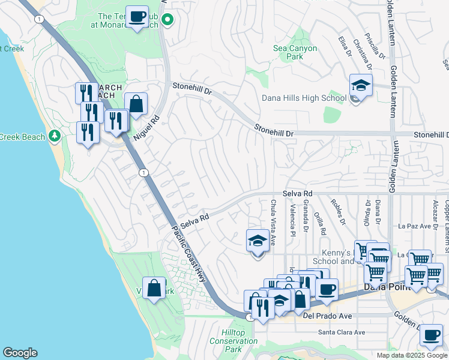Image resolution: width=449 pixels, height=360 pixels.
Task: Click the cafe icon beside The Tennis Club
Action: coord(137,16)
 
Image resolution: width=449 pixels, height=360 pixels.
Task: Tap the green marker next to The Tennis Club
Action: coord(169,20)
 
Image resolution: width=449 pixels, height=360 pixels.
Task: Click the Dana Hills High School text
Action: coord(304,98)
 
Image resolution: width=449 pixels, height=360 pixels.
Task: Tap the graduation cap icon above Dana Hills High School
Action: coord(361,85)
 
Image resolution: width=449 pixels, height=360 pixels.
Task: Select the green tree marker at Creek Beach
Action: coord(55,137)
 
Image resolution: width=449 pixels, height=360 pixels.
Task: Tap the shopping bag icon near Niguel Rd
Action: coord(136,103)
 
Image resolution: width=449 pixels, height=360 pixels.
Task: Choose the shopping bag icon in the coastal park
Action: coord(154,288)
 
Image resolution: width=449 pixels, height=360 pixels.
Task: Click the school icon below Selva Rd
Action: coord(258,242)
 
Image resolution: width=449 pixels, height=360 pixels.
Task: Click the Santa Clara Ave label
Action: coord(341,332)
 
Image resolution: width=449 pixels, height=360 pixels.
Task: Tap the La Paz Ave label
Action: coord(415,227)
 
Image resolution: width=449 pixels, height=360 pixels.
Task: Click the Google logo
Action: coord(20,353)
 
